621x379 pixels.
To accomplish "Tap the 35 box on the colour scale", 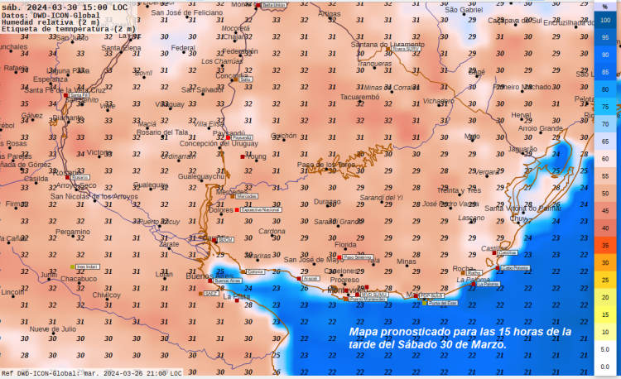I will pyautogui.click(x=605, y=246).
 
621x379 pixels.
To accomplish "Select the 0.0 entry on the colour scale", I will pyautogui.click(x=605, y=367).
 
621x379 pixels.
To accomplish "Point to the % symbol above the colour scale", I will pyautogui.click(x=605, y=5).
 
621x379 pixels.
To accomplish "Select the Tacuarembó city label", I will pyautogui.click(x=359, y=98).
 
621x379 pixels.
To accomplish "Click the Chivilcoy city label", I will pyautogui.click(x=106, y=295).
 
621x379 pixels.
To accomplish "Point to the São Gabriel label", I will pyautogui.click(x=463, y=10).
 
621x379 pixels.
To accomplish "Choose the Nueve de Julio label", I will pyautogui.click(x=53, y=329).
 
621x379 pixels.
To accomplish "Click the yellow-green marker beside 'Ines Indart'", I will pyautogui.click(x=73, y=267).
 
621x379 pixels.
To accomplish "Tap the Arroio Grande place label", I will pyautogui.click(x=540, y=128).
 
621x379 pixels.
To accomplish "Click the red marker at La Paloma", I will pyautogui.click(x=470, y=284).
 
